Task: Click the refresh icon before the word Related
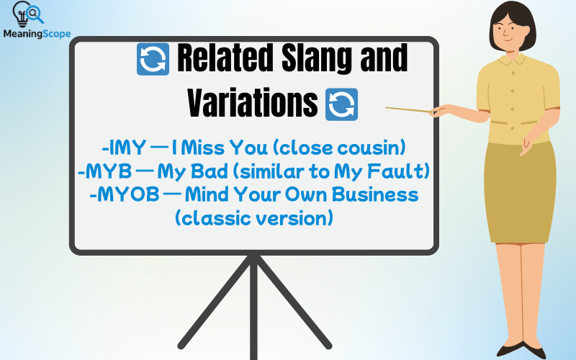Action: point(153,59)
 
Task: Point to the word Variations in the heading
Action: point(252,104)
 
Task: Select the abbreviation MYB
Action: point(103,171)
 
